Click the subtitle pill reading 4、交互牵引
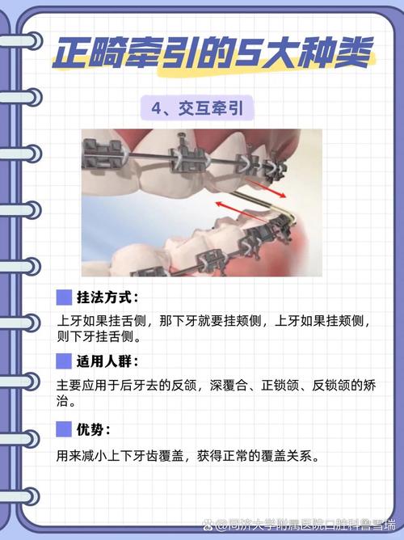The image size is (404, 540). (x=201, y=107)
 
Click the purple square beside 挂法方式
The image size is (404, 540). (x=64, y=297)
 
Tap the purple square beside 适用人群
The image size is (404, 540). (x=64, y=361)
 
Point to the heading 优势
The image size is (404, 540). (x=95, y=428)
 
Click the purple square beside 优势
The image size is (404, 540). (x=64, y=428)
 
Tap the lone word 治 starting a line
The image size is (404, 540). (x=63, y=400)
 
